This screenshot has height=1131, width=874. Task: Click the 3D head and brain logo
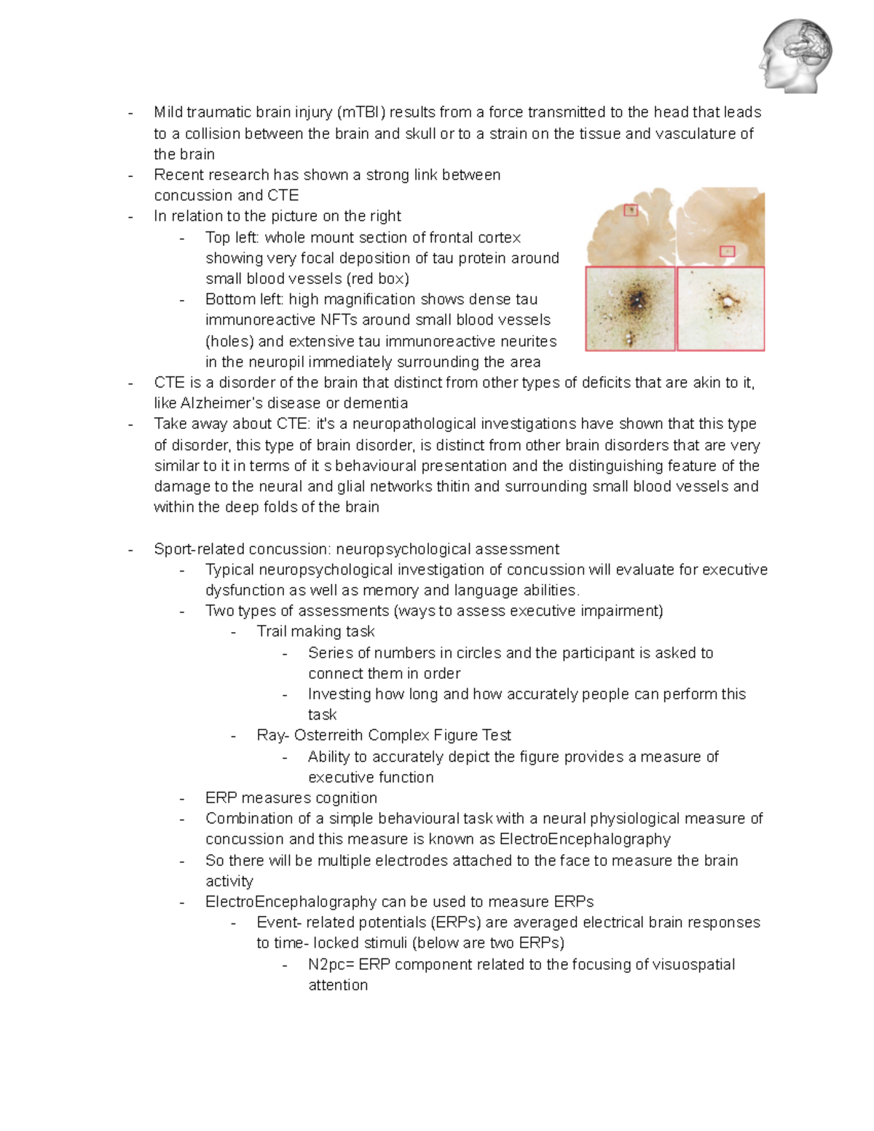[795, 56]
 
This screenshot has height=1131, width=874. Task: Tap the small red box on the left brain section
[631, 210]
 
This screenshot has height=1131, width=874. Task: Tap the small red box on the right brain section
[727, 251]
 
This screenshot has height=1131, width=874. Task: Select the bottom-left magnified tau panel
[631, 309]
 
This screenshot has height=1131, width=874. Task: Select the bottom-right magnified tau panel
[721, 309]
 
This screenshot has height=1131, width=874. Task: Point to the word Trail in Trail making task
[274, 631]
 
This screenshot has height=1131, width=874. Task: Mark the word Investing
[339, 694]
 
